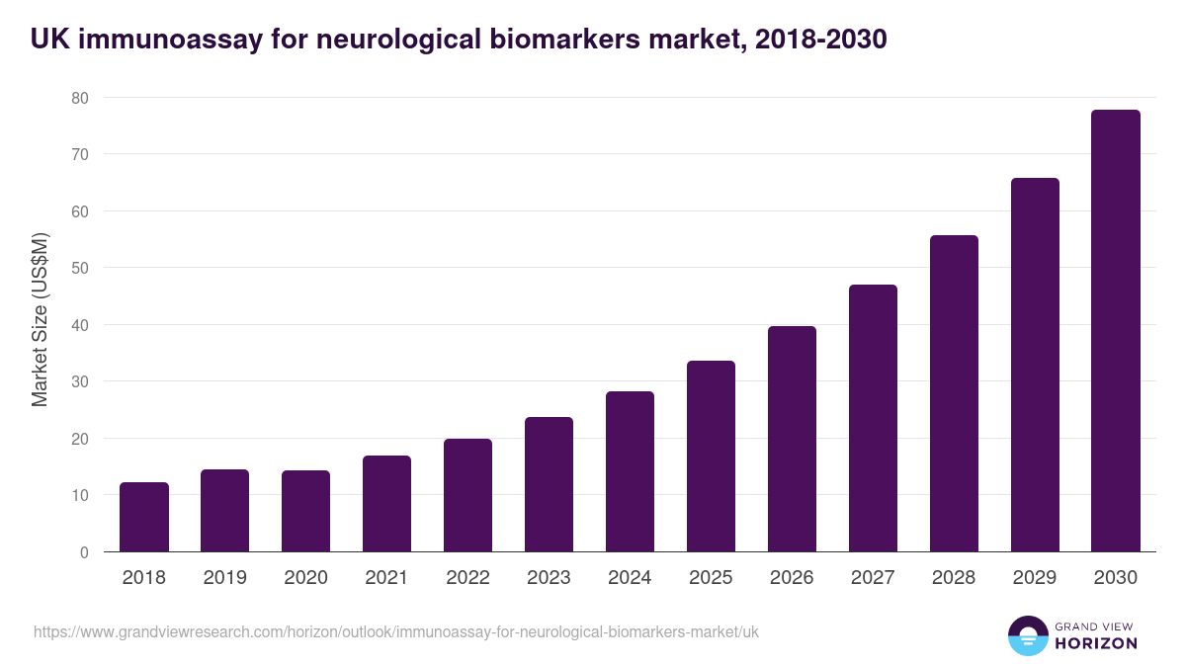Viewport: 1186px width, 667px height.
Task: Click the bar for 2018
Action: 144,517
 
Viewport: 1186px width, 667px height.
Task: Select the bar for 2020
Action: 306,511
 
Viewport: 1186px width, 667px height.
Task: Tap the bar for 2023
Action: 549,484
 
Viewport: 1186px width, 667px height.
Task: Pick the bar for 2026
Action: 792,439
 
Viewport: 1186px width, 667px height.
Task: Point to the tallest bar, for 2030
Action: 1116,331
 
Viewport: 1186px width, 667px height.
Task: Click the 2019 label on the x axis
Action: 225,578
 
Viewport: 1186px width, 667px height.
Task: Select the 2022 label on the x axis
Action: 467,578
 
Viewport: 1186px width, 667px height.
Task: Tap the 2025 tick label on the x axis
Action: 711,578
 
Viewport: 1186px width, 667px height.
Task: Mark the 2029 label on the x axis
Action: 1035,578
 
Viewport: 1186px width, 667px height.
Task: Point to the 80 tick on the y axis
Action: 79,98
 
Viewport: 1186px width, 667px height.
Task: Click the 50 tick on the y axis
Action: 79,268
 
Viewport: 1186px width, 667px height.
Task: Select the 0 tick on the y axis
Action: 84,552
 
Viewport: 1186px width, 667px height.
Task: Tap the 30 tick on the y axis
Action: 79,381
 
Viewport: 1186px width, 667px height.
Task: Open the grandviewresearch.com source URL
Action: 395,631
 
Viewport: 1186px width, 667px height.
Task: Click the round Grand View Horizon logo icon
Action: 1028,635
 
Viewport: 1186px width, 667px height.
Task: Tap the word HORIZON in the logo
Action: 1096,643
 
